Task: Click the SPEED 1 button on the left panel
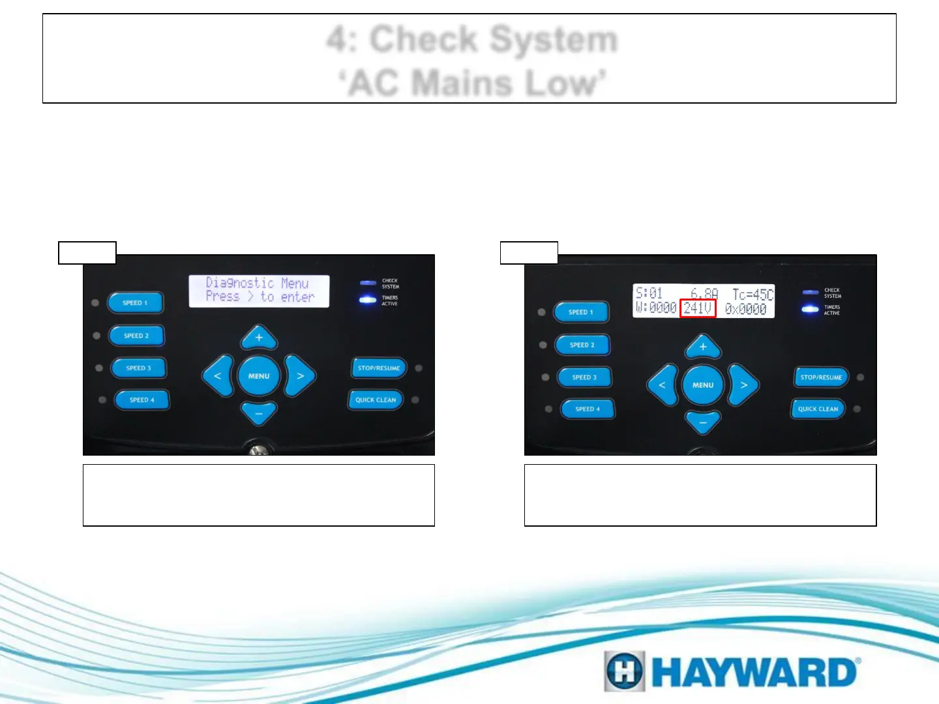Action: click(x=135, y=303)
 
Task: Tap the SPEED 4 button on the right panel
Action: click(x=587, y=409)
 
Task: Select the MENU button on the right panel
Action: click(x=703, y=385)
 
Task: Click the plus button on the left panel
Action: click(x=259, y=338)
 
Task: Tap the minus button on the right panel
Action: click(x=703, y=422)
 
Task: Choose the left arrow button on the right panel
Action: click(x=662, y=385)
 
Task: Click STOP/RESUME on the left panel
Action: click(x=378, y=368)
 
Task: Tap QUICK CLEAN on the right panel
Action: click(x=818, y=409)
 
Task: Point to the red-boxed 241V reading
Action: click(x=698, y=308)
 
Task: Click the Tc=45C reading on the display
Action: click(x=753, y=295)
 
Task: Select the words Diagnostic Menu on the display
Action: click(x=257, y=283)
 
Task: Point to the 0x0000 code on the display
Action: click(x=746, y=309)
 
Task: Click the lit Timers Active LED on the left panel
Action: click(x=368, y=300)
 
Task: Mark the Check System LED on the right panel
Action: click(x=810, y=293)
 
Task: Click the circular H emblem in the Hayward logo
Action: click(x=625, y=671)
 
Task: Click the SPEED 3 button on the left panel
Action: click(x=138, y=368)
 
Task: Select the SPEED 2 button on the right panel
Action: click(x=582, y=345)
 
